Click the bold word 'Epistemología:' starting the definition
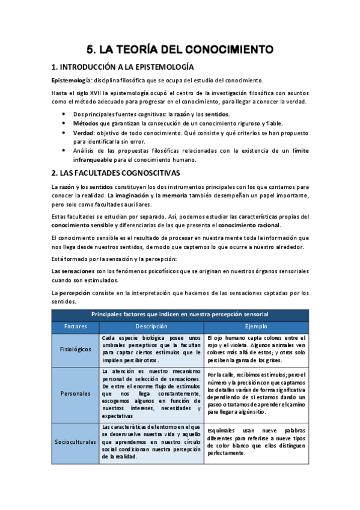pos(72,81)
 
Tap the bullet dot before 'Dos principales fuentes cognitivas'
pos(64,114)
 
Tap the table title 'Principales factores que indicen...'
pos(180,315)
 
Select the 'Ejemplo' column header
pos(257,326)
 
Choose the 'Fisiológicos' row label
pos(76,349)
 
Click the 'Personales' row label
pos(76,393)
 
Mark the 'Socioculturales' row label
pos(76,442)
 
